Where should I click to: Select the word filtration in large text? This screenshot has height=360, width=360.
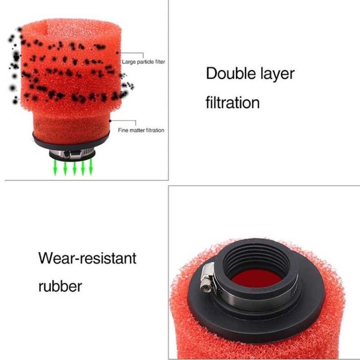click(233, 103)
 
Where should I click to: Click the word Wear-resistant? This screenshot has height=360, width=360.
click(87, 258)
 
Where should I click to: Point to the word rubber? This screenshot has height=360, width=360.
click(60, 286)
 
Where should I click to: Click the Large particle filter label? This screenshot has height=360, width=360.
click(143, 62)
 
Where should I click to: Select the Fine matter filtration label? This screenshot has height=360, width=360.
click(141, 130)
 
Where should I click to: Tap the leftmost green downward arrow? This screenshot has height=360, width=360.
click(55, 168)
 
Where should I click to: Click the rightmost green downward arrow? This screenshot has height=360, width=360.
click(91, 167)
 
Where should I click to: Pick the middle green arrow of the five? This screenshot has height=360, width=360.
click(74, 168)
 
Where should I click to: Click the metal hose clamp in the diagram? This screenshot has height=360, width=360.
click(71, 153)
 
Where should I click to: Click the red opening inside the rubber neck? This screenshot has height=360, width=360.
click(257, 279)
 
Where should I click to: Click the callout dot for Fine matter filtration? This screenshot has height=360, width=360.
click(110, 120)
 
